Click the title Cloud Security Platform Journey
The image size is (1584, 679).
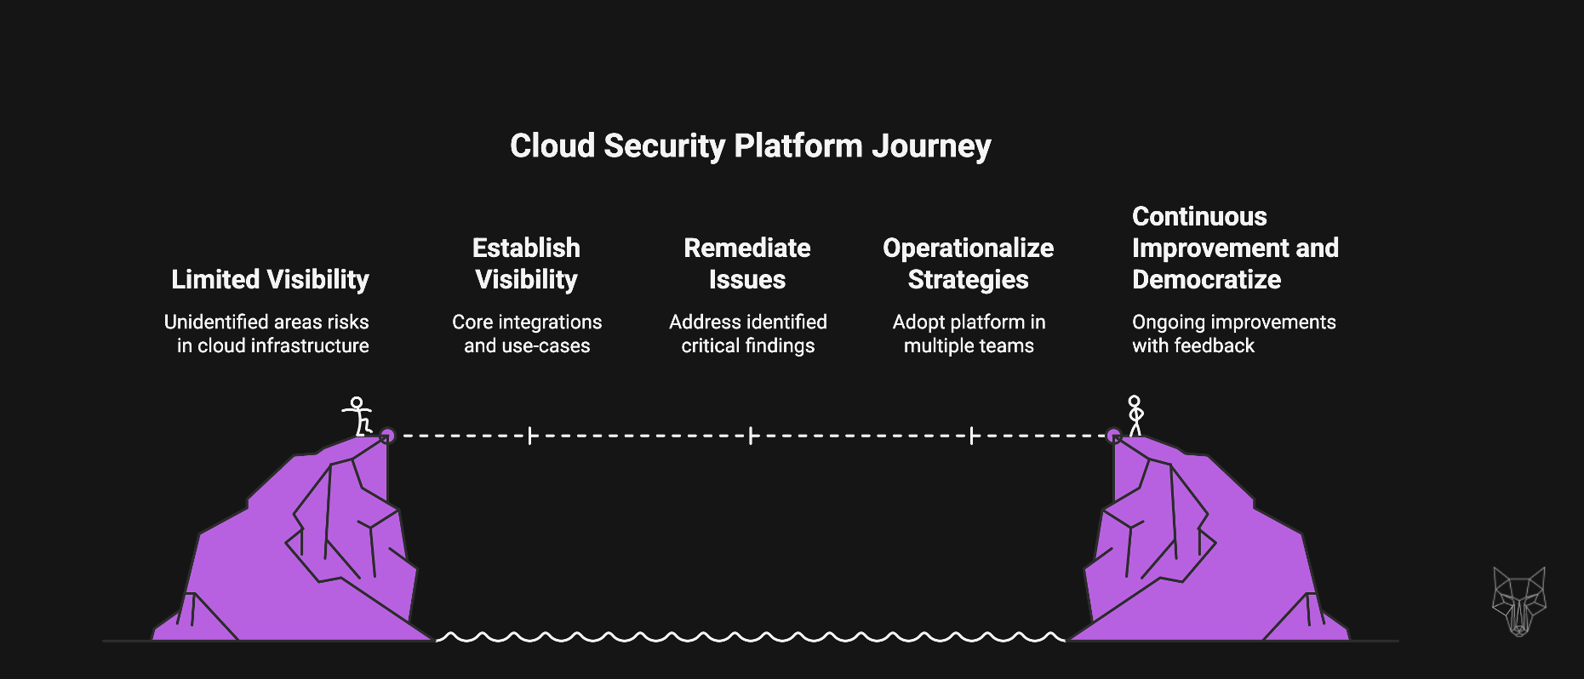[x=750, y=146]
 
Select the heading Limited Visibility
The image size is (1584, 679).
[x=270, y=280]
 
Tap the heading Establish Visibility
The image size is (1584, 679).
[x=526, y=264]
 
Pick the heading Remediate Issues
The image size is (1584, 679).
[x=747, y=264]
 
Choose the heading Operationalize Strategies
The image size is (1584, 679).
[x=968, y=264]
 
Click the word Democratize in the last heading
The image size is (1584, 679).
[x=1206, y=280]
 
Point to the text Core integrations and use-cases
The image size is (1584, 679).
[x=527, y=334]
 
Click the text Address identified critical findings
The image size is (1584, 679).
[x=747, y=334]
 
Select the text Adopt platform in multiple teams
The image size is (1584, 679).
[x=969, y=334]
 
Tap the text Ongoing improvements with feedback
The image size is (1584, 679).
[x=1233, y=334]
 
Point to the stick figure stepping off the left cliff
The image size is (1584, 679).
[x=358, y=416]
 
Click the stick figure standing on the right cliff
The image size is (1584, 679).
[x=1135, y=415]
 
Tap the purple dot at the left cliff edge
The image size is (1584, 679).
[x=387, y=436]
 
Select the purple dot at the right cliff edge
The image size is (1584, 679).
[x=1113, y=436]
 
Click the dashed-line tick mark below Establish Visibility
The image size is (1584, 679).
[x=529, y=436]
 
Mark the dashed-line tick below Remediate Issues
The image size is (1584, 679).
[x=751, y=436]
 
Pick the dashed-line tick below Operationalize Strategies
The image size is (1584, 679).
[x=971, y=436]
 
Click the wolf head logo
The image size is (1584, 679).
[x=1518, y=601]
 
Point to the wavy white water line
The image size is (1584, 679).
[x=750, y=636]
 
